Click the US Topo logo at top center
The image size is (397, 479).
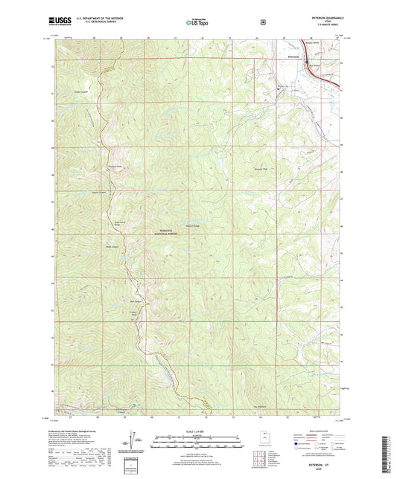197,23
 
